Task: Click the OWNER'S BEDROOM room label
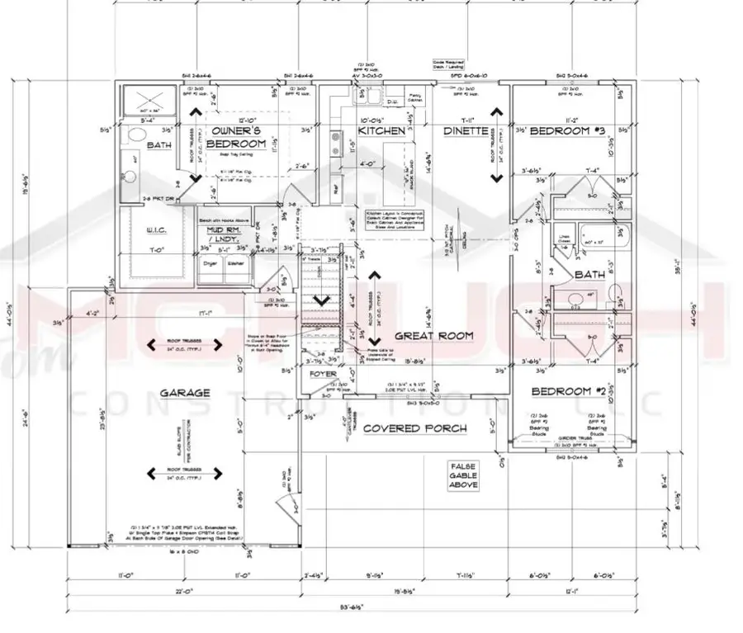(x=237, y=137)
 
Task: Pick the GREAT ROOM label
(x=433, y=336)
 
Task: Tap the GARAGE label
(x=185, y=393)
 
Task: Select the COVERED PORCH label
(x=415, y=428)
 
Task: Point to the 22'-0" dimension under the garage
(x=185, y=591)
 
